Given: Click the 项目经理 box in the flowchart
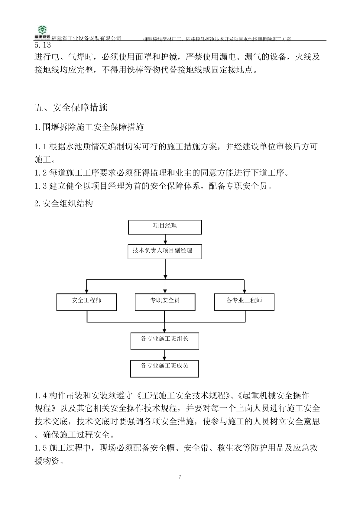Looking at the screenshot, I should [x=165, y=227].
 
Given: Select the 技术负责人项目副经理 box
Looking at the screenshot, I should [x=165, y=252].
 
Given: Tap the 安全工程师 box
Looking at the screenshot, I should [x=86, y=302].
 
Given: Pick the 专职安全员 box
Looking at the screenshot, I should [x=165, y=302].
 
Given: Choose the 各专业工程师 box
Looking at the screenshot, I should [x=244, y=302].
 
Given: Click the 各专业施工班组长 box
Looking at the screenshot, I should [x=165, y=341].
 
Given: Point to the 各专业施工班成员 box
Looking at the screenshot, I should [x=165, y=368].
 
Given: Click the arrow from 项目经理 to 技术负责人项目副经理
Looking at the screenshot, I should [x=165, y=239].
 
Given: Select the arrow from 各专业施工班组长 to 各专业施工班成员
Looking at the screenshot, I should [x=165, y=355].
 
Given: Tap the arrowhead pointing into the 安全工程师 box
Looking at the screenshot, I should [x=87, y=291].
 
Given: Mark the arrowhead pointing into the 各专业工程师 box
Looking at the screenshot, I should [x=244, y=291].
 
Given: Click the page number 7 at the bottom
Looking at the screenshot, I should [x=180, y=477].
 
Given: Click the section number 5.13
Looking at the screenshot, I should [x=43, y=45].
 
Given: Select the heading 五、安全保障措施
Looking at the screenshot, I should [x=71, y=107].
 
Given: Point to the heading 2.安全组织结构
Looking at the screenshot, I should [x=64, y=203].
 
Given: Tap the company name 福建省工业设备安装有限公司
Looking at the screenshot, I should [x=86, y=38].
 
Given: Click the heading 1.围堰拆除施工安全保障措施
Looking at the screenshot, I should [x=89, y=127].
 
